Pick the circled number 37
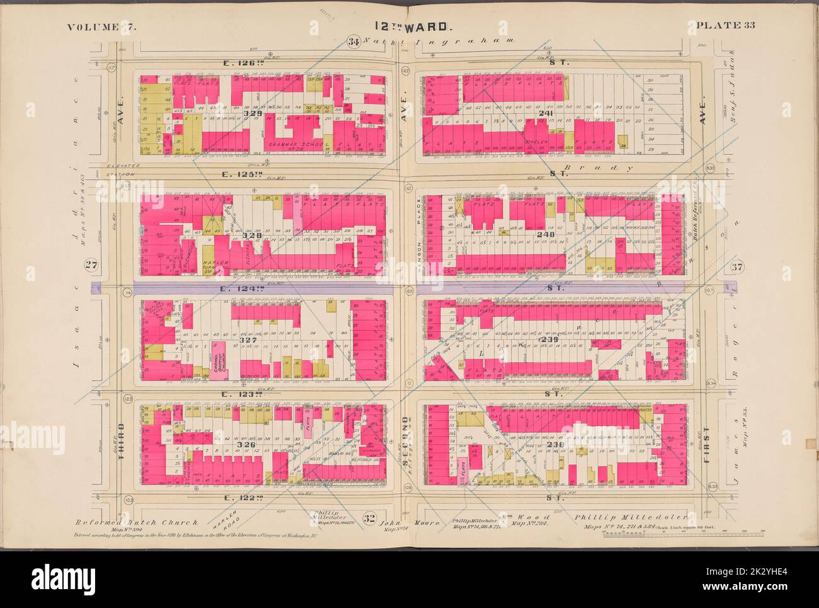point(735,267)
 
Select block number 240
point(546,234)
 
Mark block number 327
point(248,340)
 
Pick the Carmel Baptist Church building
point(219,361)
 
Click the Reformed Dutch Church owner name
point(137,522)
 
